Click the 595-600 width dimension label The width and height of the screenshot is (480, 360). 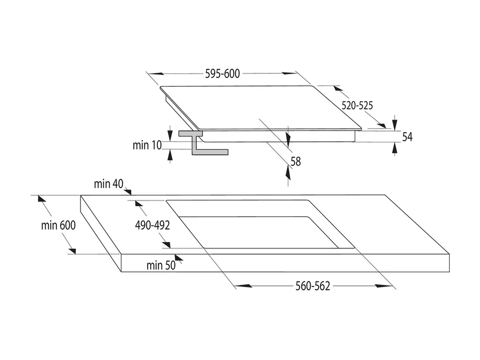coord(222,73)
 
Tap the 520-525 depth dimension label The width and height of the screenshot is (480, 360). coord(357,105)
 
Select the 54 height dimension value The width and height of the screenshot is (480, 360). coord(407,137)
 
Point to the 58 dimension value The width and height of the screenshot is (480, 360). coord(296,161)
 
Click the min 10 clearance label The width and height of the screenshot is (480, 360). coord(147,145)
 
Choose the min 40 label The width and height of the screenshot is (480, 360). coord(108,184)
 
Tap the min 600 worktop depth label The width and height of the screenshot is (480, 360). coord(58,226)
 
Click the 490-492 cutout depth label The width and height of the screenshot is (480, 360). coord(152,226)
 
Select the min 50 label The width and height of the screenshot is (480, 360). coord(161,265)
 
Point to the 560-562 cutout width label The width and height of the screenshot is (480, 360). coord(312,287)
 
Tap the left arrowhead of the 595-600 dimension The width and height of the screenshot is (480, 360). coord(155,73)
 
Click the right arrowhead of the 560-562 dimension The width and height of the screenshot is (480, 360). coord(384,286)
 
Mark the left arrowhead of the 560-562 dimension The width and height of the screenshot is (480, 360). coord(244,286)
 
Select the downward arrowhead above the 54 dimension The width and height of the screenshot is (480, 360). coord(395,124)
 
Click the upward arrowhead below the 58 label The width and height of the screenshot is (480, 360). coord(288,173)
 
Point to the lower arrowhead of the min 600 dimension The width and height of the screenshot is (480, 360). coord(72,251)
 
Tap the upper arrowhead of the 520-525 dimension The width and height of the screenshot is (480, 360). coord(337,88)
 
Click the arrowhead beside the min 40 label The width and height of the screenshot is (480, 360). coord(128,191)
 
